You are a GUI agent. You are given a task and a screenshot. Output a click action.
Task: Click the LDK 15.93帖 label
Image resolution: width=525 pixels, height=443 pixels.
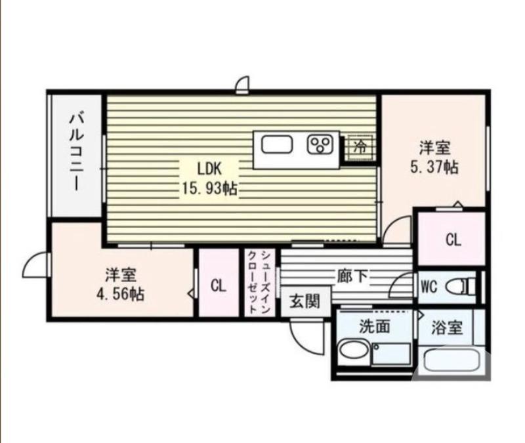tap(209, 177)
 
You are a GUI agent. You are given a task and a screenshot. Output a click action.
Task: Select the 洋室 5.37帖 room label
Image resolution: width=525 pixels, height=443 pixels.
tap(434, 157)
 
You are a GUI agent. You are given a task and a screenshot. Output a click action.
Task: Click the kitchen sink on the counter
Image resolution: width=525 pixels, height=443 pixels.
tap(277, 144)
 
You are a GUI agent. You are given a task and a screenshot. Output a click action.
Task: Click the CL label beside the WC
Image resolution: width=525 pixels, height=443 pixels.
tap(453, 240)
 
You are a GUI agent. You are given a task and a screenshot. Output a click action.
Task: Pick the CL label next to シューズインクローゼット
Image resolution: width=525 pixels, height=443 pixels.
tap(219, 285)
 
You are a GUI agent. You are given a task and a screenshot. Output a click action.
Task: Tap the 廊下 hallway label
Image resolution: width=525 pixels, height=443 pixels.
tap(352, 276)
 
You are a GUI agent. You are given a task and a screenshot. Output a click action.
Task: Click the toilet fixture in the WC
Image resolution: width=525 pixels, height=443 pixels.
tap(459, 287)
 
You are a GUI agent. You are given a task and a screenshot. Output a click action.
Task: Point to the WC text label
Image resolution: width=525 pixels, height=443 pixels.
tap(429, 287)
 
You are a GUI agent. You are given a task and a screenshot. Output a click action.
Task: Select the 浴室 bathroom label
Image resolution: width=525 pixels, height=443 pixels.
tap(448, 327)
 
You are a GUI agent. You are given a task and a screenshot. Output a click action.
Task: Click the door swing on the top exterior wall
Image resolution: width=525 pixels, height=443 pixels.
tap(243, 83)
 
